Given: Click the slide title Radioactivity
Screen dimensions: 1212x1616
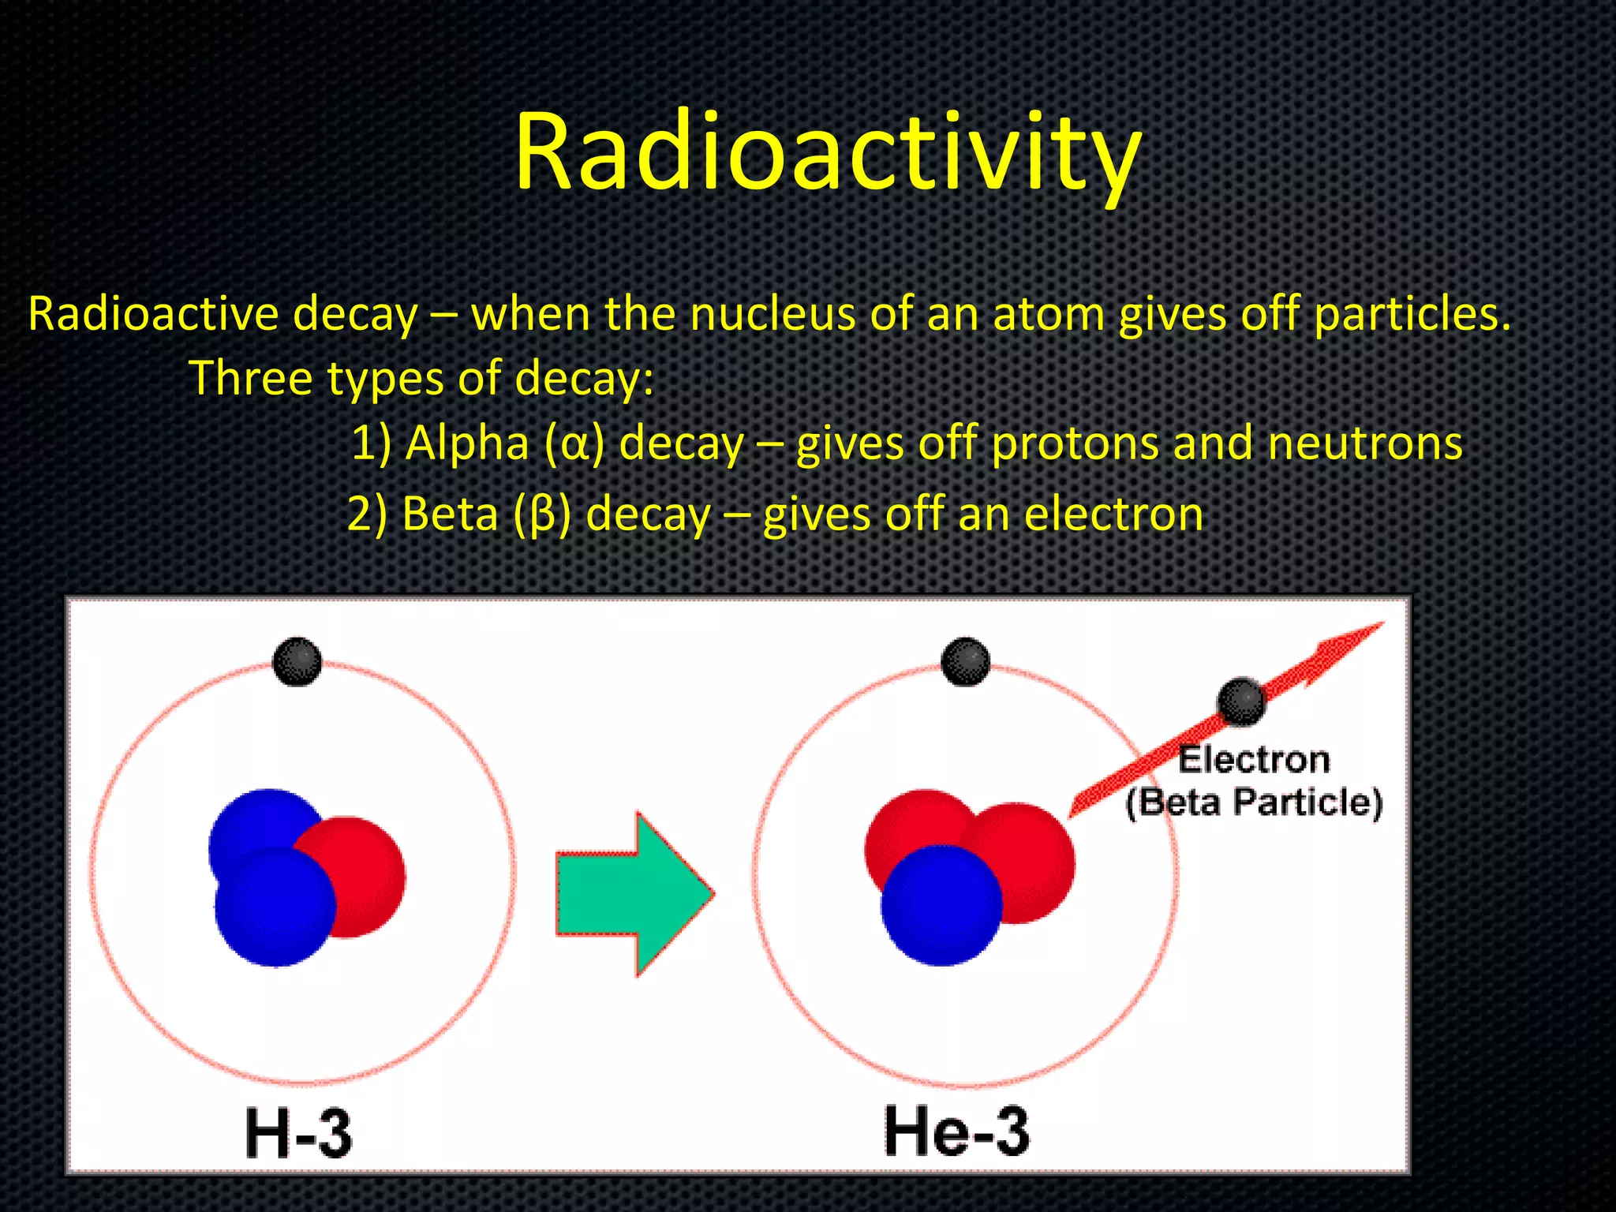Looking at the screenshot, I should pyautogui.click(x=827, y=151).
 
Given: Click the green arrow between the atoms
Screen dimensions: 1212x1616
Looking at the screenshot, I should pyautogui.click(x=631, y=894).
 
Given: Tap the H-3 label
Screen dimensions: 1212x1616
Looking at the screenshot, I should pyautogui.click(x=298, y=1134).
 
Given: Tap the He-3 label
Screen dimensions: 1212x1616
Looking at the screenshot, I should pyautogui.click(x=956, y=1131).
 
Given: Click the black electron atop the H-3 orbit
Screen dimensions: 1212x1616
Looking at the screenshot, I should pyautogui.click(x=297, y=661).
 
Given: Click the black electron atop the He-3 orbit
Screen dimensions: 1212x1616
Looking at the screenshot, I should pyautogui.click(x=965, y=661).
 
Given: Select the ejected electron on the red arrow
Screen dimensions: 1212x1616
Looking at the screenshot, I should pyautogui.click(x=1241, y=701).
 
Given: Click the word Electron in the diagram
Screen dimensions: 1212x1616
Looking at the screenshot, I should pyautogui.click(x=1253, y=760).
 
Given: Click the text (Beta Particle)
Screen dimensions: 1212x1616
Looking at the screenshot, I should pyautogui.click(x=1253, y=802).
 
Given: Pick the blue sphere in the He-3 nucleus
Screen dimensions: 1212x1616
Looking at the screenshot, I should pyautogui.click(x=941, y=906).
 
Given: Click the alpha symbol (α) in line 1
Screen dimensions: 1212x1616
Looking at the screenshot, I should pyautogui.click(x=574, y=443).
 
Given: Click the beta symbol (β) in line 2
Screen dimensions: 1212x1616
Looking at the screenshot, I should pyautogui.click(x=542, y=514).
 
